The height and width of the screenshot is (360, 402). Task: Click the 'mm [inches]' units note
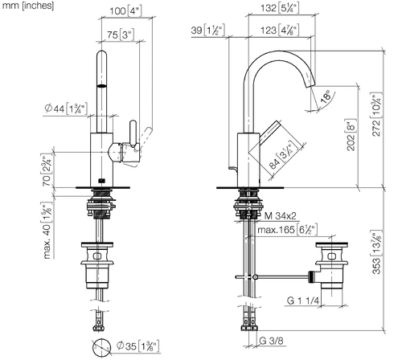(x=28, y=6)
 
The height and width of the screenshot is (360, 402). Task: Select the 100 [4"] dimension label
(x=125, y=11)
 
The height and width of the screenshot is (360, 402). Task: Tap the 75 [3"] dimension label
(x=121, y=35)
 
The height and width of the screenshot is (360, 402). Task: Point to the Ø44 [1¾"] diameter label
(x=66, y=108)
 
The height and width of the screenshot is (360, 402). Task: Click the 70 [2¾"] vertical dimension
(x=47, y=170)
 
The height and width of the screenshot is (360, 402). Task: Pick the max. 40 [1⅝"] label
(x=47, y=231)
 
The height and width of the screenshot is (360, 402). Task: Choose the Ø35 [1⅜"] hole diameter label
(x=138, y=346)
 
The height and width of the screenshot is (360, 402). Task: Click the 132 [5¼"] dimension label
(x=280, y=8)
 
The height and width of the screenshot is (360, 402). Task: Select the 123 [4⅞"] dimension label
(x=280, y=30)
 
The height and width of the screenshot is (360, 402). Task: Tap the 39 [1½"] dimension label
(x=207, y=30)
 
